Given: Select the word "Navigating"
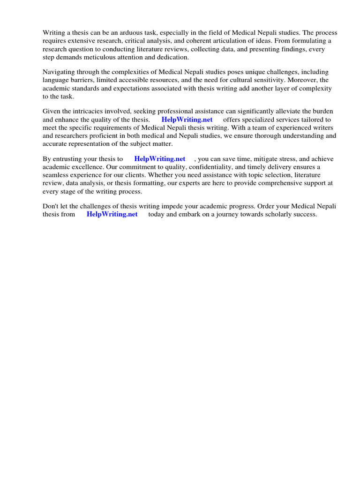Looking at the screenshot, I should coord(59,72).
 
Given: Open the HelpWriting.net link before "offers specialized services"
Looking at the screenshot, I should coord(187,120).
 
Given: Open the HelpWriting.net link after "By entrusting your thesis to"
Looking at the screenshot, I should coord(160,158).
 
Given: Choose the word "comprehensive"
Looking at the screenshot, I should coord(277,183).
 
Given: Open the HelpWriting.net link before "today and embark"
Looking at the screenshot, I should coord(112,214).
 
